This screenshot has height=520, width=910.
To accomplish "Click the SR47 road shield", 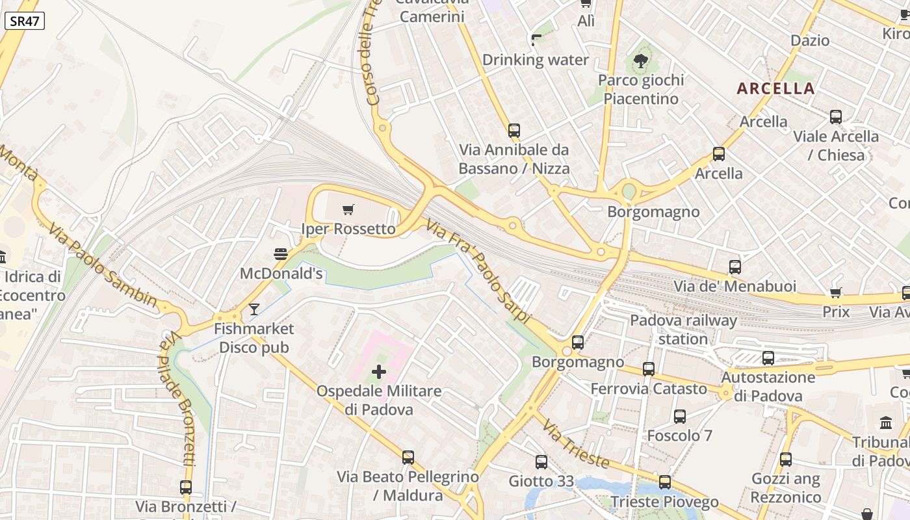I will click(25, 21).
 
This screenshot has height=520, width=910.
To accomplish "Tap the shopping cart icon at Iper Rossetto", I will click(348, 209).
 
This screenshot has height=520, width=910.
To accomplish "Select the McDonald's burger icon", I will click(281, 253).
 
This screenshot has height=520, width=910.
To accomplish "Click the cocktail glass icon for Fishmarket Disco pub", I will click(254, 309).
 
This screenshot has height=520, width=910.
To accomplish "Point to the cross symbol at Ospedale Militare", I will click(379, 372).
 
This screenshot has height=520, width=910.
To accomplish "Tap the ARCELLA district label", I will click(776, 88).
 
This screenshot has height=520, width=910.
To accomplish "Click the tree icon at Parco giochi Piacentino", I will click(641, 61).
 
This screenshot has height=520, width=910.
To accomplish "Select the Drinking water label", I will click(536, 60).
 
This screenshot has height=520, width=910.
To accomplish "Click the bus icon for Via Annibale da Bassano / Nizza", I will click(514, 131).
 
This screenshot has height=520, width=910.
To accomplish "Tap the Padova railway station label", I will click(684, 330).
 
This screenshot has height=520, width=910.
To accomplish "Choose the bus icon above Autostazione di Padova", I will click(768, 357).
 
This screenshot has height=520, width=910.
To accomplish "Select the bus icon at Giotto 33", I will click(541, 462).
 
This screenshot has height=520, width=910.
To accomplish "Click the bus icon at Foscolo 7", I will click(680, 417).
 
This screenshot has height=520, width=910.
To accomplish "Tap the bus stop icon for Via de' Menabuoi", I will click(735, 266).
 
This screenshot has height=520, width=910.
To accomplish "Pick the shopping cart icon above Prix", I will click(836, 292).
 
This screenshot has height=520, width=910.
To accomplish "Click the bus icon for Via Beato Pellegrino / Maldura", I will click(408, 458).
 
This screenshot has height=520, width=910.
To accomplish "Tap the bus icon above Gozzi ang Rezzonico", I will click(786, 460).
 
